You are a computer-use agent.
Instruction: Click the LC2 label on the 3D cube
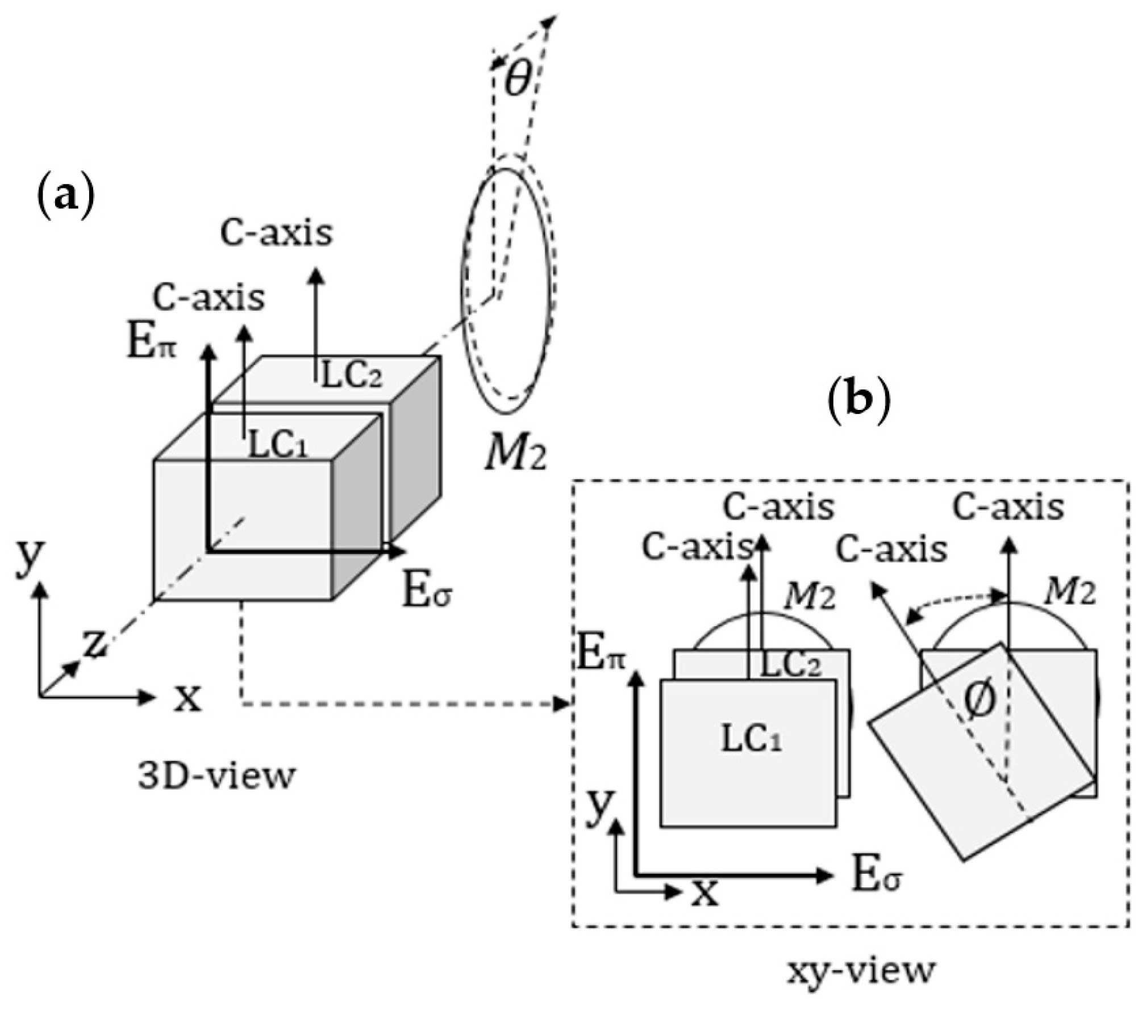(x=352, y=374)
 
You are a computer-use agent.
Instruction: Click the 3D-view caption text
(x=216, y=775)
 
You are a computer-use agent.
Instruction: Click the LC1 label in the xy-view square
(x=751, y=740)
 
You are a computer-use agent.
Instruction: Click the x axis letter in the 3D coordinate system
(x=187, y=698)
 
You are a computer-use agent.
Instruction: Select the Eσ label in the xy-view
(x=877, y=876)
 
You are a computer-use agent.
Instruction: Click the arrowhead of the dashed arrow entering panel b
(x=562, y=705)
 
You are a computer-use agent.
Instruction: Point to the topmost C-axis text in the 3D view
(x=276, y=233)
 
